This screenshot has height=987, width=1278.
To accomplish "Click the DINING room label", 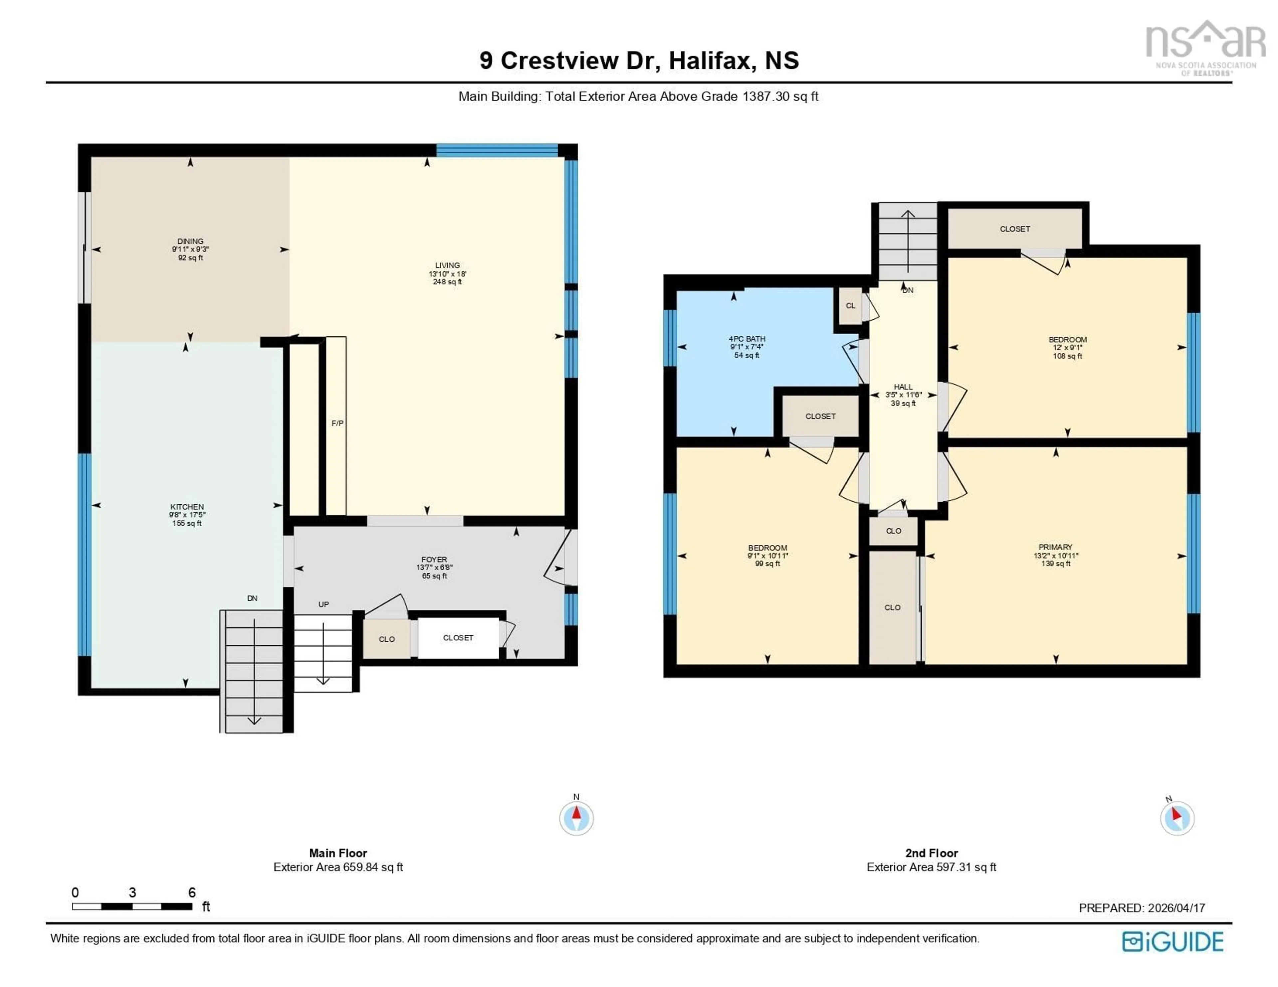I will (190, 241).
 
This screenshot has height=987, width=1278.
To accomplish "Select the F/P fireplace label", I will (337, 423).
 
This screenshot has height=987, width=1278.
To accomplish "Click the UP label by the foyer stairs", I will (323, 604).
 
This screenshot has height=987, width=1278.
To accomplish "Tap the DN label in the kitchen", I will (252, 598).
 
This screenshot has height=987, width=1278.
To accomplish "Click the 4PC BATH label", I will (747, 339).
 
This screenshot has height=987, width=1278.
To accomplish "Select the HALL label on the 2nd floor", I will (903, 387).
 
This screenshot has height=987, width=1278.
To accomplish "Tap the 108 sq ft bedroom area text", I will (1067, 356).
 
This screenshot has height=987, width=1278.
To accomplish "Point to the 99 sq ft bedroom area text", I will (767, 564).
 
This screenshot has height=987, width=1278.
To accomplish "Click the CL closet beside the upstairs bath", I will (850, 305).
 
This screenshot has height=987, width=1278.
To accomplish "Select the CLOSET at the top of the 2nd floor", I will (1015, 229).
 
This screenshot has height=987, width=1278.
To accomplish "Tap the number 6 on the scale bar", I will (192, 892).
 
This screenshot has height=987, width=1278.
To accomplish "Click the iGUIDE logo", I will (1173, 941).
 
